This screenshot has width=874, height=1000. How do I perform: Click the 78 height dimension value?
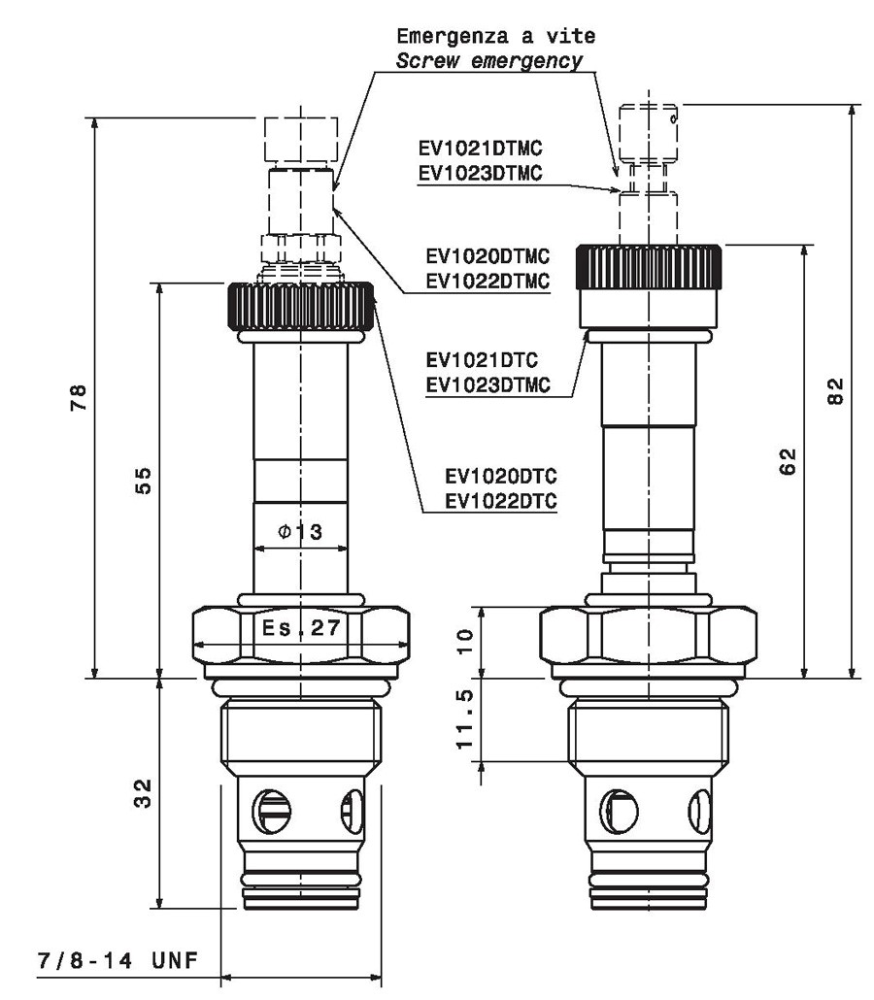tap(78, 397)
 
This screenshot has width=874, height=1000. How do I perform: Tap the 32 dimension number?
tap(143, 793)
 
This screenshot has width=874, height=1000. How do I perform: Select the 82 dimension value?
tap(835, 391)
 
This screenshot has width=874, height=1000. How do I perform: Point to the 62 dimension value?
tap(788, 462)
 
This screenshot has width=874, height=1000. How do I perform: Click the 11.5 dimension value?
tap(465, 718)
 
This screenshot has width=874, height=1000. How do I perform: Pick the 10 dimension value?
tap(465, 641)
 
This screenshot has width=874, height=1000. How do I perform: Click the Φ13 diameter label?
tap(300, 531)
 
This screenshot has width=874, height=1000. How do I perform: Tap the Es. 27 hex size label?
tap(301, 627)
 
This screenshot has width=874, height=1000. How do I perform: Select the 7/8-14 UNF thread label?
tap(118, 960)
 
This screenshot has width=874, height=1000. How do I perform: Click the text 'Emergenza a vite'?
tap(495, 36)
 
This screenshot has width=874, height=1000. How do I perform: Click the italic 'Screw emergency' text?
tap(489, 61)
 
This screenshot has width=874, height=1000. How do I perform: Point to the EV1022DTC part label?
tap(501, 501)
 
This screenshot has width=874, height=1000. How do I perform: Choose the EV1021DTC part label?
tap(483, 360)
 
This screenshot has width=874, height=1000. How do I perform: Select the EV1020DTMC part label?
tap(487, 256)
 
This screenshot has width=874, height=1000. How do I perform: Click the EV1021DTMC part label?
tap(481, 148)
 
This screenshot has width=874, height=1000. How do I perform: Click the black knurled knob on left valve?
tap(300, 306)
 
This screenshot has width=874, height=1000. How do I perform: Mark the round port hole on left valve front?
tap(272, 811)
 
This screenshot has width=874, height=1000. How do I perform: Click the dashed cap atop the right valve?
tap(649, 134)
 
